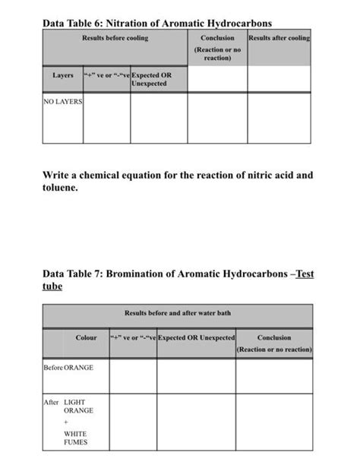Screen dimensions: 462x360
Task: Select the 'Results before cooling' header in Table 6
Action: tap(115, 38)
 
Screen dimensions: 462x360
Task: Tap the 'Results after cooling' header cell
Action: tap(279, 38)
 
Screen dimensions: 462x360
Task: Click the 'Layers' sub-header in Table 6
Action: tap(63, 76)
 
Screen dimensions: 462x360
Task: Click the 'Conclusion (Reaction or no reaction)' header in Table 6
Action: tap(217, 48)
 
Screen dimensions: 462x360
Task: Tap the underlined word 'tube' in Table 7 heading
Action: tap(52, 286)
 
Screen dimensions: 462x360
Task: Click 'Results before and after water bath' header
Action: tap(177, 312)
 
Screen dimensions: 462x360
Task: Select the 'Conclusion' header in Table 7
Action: tap(273, 338)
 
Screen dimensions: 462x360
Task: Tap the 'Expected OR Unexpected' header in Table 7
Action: tap(196, 338)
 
